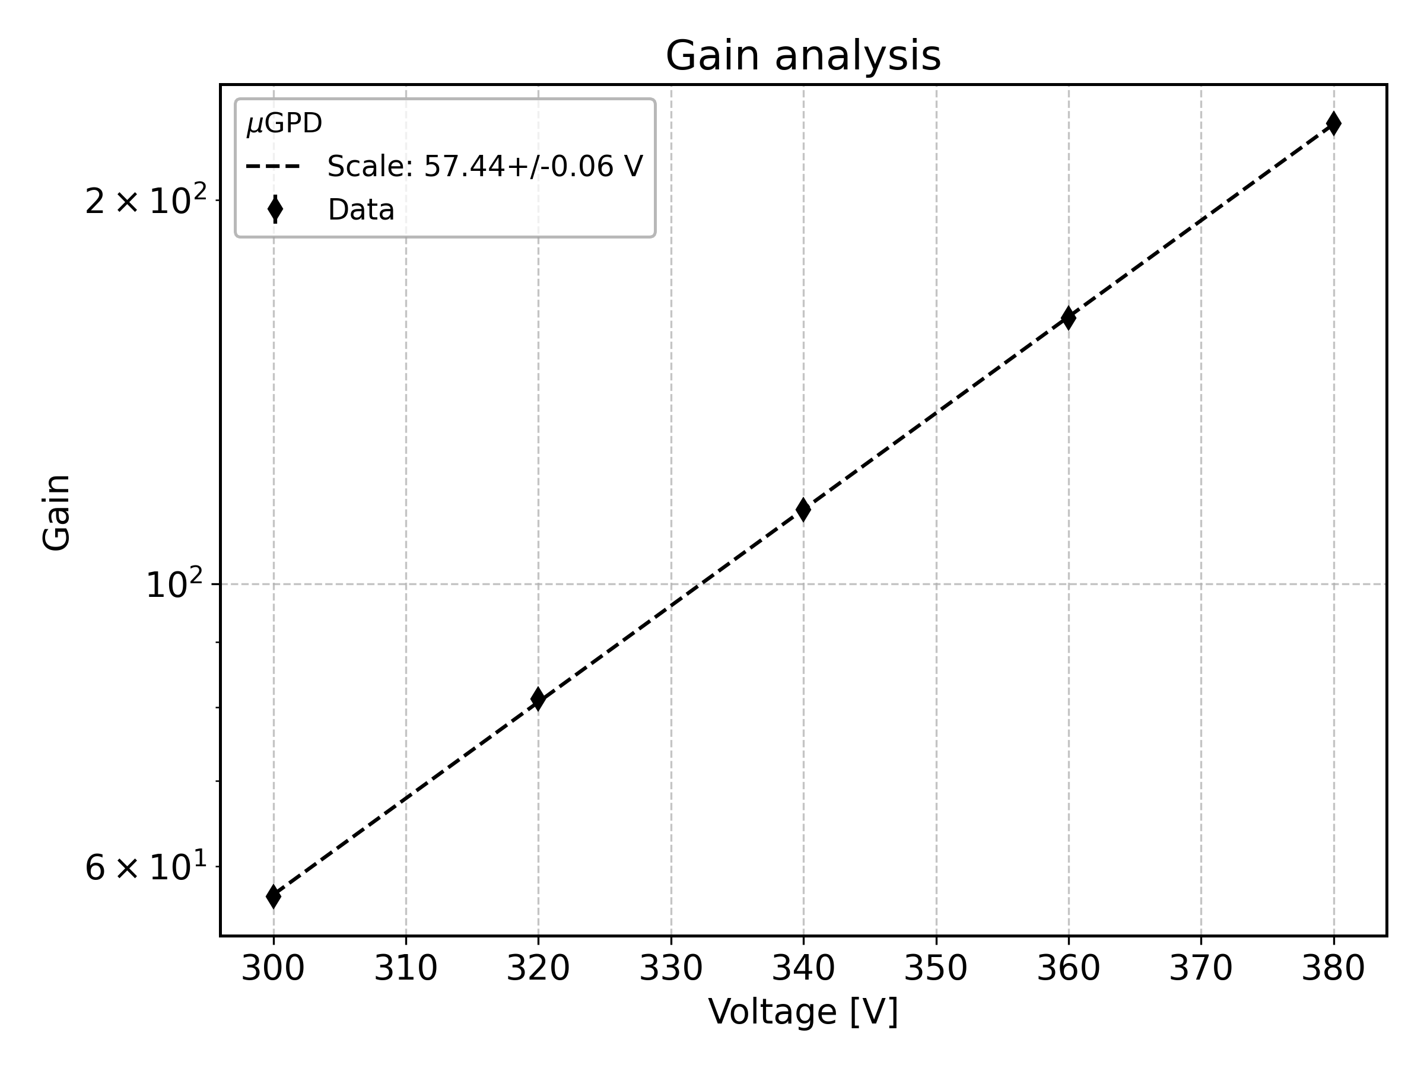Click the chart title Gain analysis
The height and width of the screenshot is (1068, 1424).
803,56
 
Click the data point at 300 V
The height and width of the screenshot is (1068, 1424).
274,896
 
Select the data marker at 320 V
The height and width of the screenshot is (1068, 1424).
538,698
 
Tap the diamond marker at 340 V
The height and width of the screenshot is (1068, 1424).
803,509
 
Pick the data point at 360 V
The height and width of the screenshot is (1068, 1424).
1069,317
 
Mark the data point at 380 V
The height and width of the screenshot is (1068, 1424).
1333,123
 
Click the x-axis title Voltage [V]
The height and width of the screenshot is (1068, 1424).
803,1012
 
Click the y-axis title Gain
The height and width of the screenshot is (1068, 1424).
56,513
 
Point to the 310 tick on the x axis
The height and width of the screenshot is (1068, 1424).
406,968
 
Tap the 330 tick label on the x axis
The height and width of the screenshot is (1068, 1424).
671,968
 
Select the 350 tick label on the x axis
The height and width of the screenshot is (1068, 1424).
936,968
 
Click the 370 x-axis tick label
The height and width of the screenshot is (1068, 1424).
1201,968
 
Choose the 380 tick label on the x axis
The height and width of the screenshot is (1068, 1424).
1333,968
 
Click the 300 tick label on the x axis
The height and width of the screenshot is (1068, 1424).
273,968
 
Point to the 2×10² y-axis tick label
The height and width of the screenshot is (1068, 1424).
147,202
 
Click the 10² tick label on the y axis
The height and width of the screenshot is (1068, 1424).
174,585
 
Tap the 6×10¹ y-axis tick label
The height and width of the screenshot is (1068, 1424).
147,867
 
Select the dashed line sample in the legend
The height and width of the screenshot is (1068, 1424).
273,167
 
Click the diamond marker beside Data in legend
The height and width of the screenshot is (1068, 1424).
275,209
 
